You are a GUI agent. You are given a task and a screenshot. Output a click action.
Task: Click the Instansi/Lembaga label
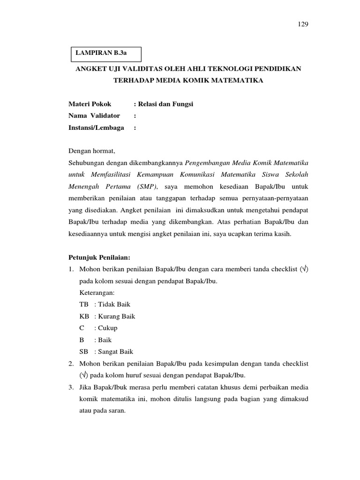[x=96, y=127]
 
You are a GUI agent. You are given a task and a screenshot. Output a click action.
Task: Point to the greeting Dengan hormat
[x=91, y=151]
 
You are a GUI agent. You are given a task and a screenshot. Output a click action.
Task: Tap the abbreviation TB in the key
[x=84, y=304]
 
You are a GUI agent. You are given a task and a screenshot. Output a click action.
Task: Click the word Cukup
[x=105, y=328]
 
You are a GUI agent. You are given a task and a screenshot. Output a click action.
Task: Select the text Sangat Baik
[x=113, y=351]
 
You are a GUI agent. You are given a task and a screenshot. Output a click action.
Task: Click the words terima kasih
[x=274, y=234]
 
